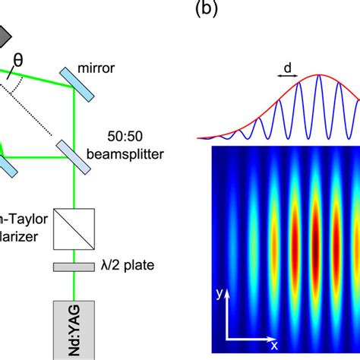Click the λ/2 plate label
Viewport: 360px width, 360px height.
pyautogui.click(x=123, y=267)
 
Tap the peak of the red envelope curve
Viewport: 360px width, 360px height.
pyautogui.click(x=319, y=75)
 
